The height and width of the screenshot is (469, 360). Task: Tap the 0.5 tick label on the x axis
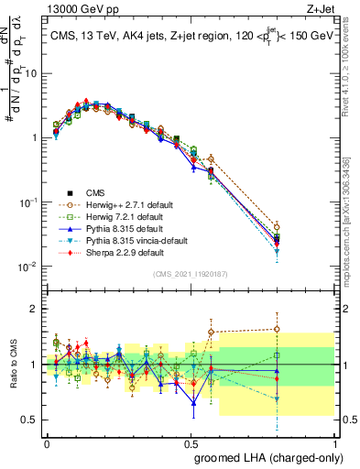(x=191, y=442)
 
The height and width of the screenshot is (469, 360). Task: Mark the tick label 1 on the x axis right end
(x=335, y=442)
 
